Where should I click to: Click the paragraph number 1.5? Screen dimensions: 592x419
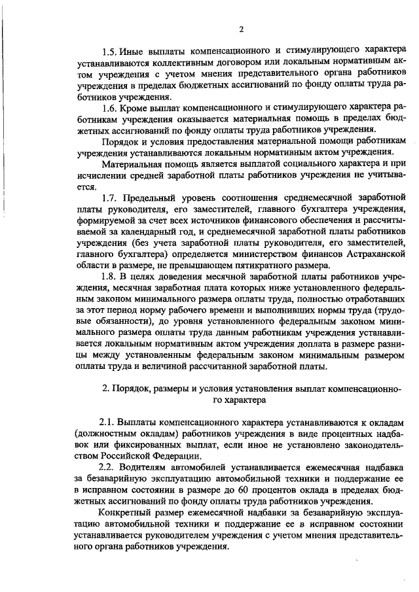pos(109,52)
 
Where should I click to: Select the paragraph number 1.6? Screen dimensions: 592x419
pos(109,106)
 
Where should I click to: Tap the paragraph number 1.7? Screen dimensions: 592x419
pos(109,198)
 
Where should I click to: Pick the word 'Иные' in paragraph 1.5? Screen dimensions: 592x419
pos(134,52)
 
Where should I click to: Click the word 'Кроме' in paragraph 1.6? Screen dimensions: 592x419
pos(136,106)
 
